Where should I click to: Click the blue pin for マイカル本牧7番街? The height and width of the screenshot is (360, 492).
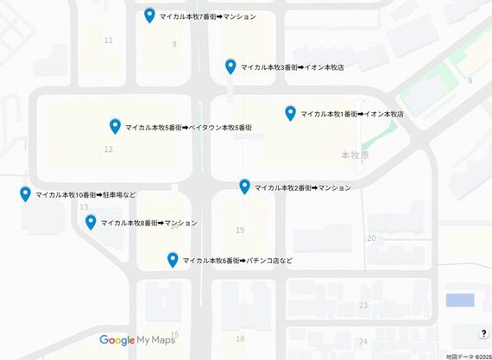(149, 16)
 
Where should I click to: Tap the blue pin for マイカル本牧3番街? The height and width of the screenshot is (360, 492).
(230, 66)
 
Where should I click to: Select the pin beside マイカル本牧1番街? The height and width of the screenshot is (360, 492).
(290, 113)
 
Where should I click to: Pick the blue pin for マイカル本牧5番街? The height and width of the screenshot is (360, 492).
(115, 126)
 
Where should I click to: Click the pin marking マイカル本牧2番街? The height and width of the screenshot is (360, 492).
(244, 186)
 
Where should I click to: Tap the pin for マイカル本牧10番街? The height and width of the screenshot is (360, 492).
(25, 194)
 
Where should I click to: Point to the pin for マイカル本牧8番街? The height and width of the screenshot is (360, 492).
(91, 223)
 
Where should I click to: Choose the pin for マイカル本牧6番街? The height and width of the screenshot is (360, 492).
(173, 259)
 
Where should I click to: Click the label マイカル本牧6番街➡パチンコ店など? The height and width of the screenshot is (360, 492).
(237, 261)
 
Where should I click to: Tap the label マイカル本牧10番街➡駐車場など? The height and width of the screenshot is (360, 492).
(85, 195)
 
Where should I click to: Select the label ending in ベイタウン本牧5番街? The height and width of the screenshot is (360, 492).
(188, 128)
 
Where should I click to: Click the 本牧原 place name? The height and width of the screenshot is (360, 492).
(355, 155)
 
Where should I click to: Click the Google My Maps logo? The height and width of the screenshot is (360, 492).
(137, 340)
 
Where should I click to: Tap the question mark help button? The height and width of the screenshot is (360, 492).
(483, 334)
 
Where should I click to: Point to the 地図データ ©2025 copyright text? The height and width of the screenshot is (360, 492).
(467, 356)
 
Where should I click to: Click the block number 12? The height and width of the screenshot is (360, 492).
(108, 149)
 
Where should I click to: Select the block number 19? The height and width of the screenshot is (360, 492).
(240, 230)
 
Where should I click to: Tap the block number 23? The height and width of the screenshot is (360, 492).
(363, 306)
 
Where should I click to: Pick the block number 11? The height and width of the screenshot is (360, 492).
(108, 41)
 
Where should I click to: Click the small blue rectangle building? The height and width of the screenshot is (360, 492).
(459, 300)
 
